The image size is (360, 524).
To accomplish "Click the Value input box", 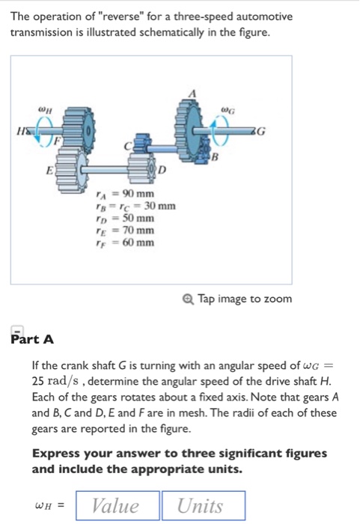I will pos(115,506).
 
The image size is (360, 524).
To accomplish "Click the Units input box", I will pos(201,506).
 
